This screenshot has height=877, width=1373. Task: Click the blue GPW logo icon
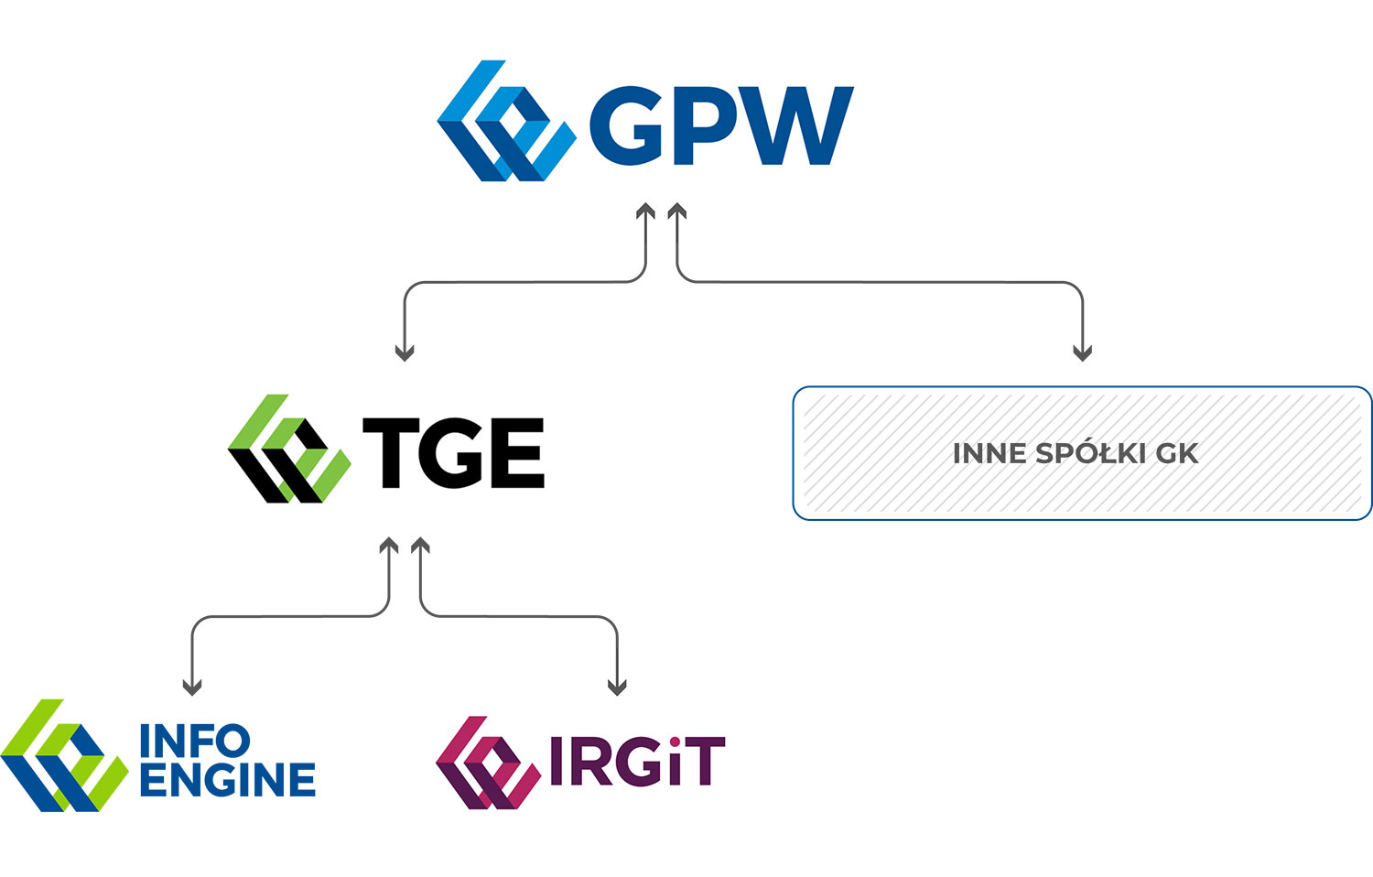(506, 121)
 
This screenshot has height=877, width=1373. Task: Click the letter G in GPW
(626, 125)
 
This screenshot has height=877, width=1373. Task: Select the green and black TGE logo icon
(289, 449)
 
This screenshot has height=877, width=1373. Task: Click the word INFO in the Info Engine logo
(195, 741)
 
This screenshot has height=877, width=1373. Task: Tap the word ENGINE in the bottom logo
(228, 779)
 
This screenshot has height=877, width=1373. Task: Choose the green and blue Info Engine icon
(64, 755)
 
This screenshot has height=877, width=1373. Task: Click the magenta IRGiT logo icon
(489, 763)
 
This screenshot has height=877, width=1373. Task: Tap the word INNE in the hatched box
(989, 453)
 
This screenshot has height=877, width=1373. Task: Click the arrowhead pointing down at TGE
(405, 353)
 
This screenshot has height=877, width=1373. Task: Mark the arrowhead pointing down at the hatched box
(1083, 353)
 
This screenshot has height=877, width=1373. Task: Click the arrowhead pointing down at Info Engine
(192, 687)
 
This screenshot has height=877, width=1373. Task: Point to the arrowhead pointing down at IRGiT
(617, 687)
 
